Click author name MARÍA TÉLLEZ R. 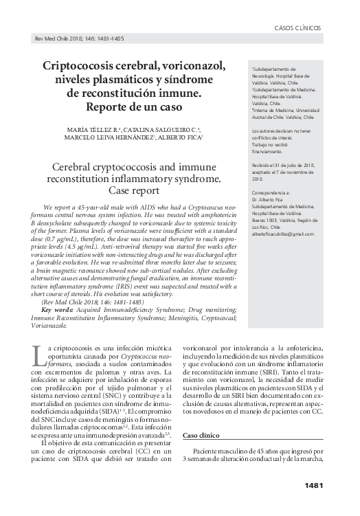(x=91, y=129)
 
